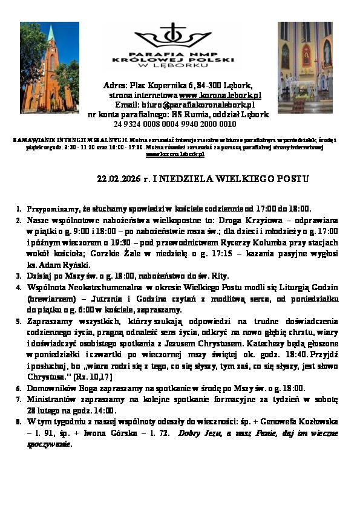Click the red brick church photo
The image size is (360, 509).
tap(50, 67)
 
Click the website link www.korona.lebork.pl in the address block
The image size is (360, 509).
tap(220, 96)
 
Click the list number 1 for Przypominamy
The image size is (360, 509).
tap(19, 209)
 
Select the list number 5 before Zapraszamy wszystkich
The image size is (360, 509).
tap(19, 322)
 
